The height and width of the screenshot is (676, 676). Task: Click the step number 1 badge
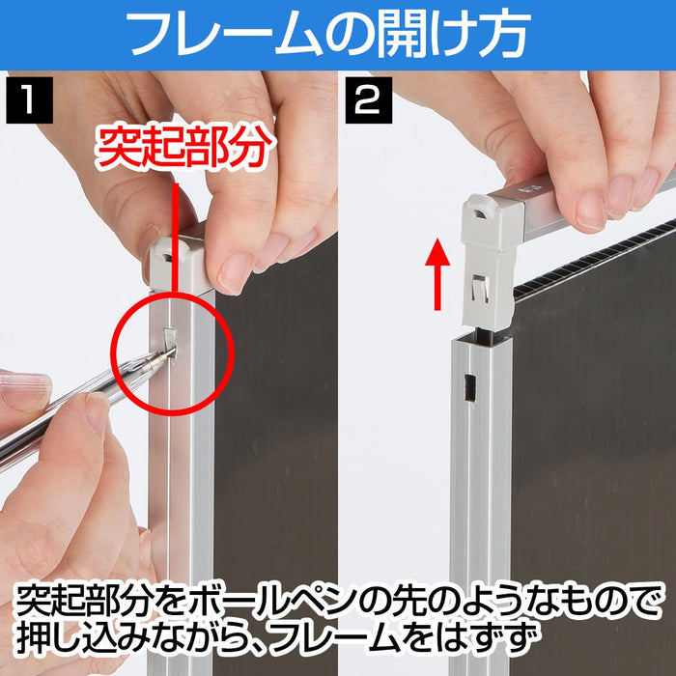[29, 100]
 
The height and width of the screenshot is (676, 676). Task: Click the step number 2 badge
[369, 100]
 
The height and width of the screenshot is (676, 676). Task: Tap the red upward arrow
[437, 274]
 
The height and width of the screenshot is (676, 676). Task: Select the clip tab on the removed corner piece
[481, 287]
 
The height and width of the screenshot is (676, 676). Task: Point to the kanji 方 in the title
[504, 34]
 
